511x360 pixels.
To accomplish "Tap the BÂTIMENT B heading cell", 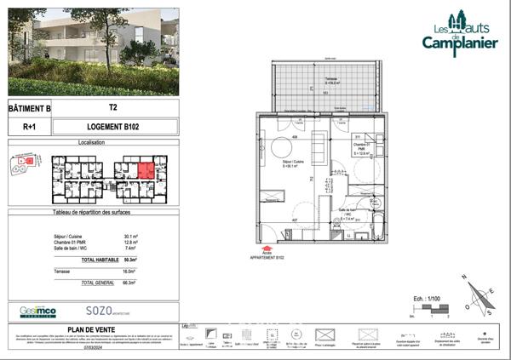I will pyautogui.click(x=30, y=109).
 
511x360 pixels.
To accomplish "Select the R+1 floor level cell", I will pyautogui.click(x=30, y=127).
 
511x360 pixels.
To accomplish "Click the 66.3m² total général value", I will pyautogui.click(x=131, y=281).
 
